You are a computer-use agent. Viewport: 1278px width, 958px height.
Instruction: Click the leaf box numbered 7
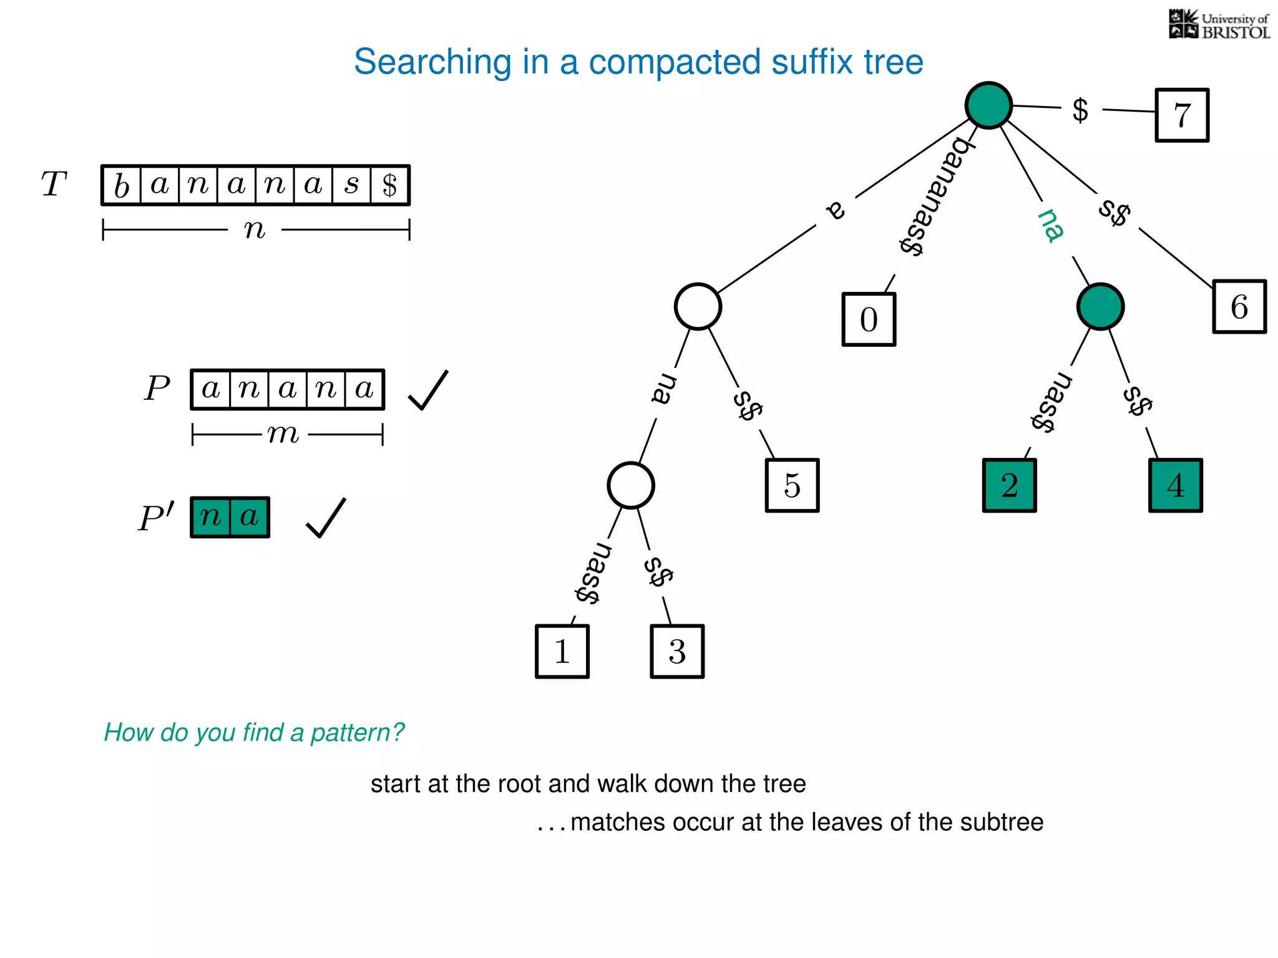click(1181, 115)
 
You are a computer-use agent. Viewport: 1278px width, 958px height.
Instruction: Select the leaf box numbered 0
click(869, 319)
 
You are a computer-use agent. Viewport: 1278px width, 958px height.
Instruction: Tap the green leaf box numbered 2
click(1009, 485)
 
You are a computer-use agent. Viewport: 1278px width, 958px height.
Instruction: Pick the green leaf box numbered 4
click(1175, 485)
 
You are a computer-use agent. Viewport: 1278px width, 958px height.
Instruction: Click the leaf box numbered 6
click(1239, 307)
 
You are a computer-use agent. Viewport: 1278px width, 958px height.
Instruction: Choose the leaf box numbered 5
click(792, 485)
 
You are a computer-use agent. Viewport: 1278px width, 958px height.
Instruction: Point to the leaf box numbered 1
click(562, 651)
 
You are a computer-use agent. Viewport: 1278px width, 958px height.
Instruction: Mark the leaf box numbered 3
click(677, 651)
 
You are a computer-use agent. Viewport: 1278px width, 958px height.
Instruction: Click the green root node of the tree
click(988, 105)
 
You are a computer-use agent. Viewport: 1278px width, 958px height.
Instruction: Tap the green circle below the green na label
click(1100, 307)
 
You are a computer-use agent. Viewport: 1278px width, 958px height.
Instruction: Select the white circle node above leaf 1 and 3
click(631, 485)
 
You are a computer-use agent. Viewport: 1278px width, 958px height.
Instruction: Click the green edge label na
click(1051, 225)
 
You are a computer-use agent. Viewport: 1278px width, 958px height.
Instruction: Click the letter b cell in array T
click(122, 185)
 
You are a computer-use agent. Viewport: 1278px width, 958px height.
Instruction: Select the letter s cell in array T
click(352, 185)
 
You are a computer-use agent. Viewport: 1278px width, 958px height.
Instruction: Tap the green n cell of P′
click(211, 517)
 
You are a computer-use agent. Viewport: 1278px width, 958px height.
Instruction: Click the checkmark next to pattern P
click(428, 390)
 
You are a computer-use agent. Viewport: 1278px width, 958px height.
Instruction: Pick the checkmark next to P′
click(326, 518)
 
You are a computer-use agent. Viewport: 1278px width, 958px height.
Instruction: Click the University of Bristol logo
click(1219, 25)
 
